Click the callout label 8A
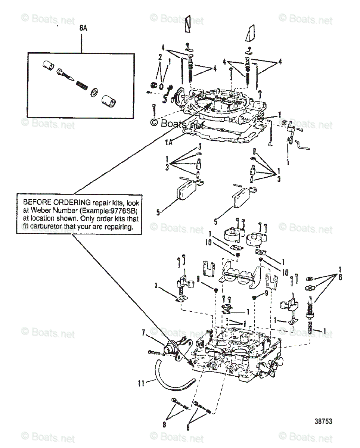tap(83, 28)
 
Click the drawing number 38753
tap(323, 421)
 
